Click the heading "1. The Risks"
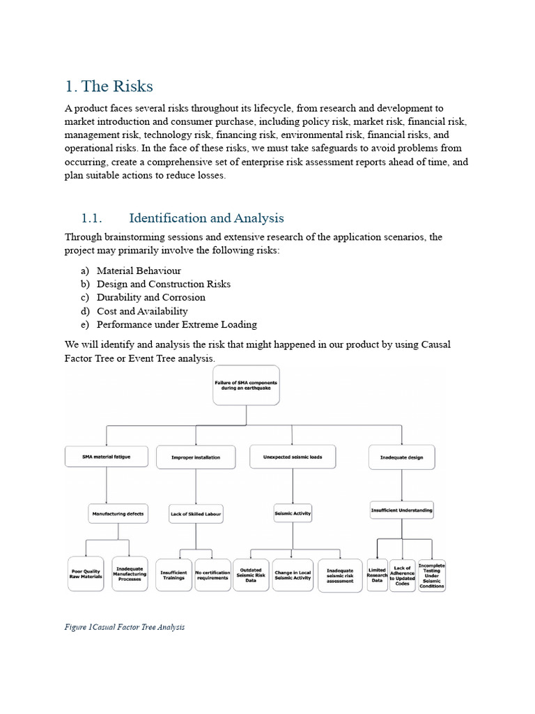[109, 86]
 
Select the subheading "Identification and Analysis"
[206, 218]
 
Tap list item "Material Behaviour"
[139, 271]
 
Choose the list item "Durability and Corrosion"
[150, 298]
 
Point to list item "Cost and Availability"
[142, 311]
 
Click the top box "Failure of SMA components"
[246, 386]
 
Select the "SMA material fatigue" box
[107, 457]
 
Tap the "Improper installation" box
[196, 457]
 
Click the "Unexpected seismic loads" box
[293, 457]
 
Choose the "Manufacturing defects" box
[118, 514]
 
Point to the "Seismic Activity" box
[293, 513]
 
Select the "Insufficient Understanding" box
[401, 510]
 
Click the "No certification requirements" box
[212, 575]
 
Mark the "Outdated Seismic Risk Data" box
[250, 575]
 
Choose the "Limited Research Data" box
[377, 575]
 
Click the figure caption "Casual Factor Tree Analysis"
[125, 627]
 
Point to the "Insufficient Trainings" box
[173, 575]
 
